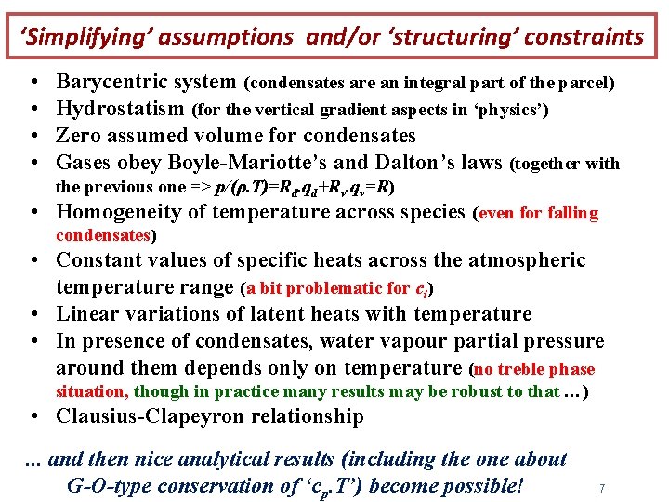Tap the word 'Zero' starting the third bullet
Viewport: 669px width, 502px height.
pos(76,137)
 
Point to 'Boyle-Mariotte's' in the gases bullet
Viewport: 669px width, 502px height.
pos(238,164)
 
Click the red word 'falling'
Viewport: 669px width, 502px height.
pos(573,214)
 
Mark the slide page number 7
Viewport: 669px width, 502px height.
pos(602,488)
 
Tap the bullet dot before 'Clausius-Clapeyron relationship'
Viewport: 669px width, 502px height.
pos(33,416)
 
